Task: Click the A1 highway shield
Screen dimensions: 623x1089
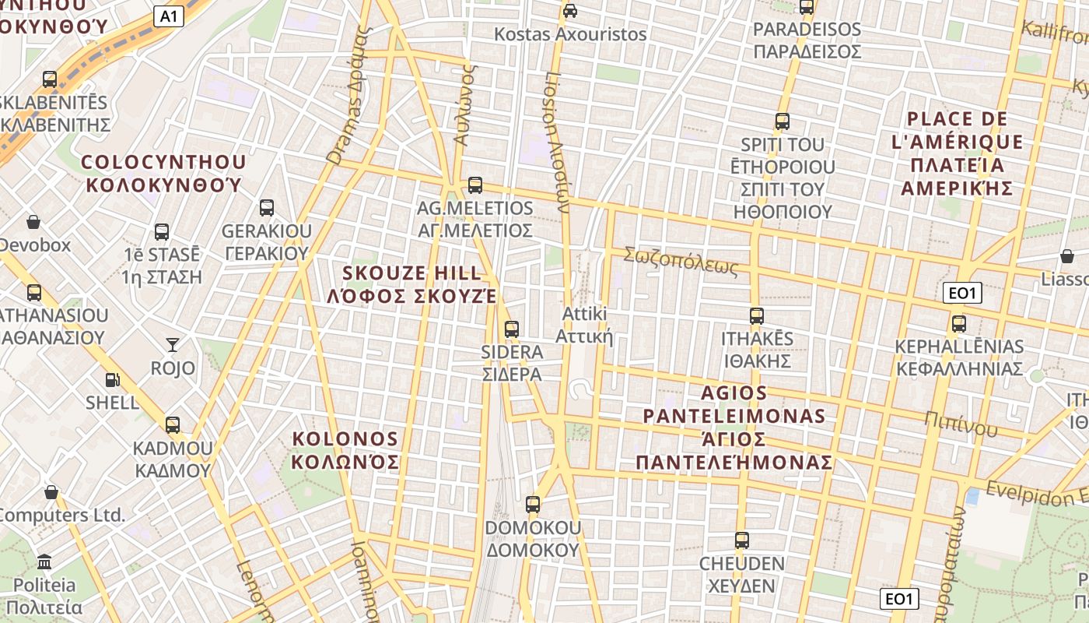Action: coord(169,16)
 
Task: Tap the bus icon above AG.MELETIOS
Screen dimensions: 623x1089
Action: coord(474,185)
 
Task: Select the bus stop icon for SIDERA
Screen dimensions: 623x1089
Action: coord(511,329)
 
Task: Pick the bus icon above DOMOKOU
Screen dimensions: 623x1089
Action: coord(532,505)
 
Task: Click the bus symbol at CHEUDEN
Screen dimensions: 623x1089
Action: coord(741,540)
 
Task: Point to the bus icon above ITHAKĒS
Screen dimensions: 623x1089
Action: coord(756,316)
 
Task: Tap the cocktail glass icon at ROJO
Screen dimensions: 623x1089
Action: coord(172,344)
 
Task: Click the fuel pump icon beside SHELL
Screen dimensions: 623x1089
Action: coord(113,380)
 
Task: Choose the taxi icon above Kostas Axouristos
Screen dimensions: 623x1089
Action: coord(570,11)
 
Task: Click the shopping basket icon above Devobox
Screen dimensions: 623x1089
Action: coord(33,223)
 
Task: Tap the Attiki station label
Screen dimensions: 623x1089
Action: coord(584,325)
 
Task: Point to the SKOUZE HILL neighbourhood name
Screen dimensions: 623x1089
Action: coord(412,284)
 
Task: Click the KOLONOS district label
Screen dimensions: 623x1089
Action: coord(345,450)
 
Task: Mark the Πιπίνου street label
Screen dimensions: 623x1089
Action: coord(961,424)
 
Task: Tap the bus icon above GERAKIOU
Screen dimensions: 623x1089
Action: coord(267,208)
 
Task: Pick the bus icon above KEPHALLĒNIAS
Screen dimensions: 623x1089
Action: coord(958,324)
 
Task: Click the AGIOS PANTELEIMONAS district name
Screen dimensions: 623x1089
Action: coord(734,427)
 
